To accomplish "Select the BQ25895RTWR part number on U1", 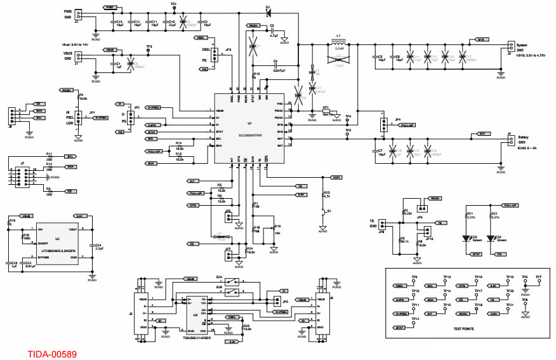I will pos(251,135).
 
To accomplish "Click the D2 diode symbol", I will pos(268,12).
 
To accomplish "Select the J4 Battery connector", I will pos(510,137).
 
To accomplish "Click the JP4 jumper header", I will pos(383,125).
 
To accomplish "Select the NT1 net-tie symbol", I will pos(327,113).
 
